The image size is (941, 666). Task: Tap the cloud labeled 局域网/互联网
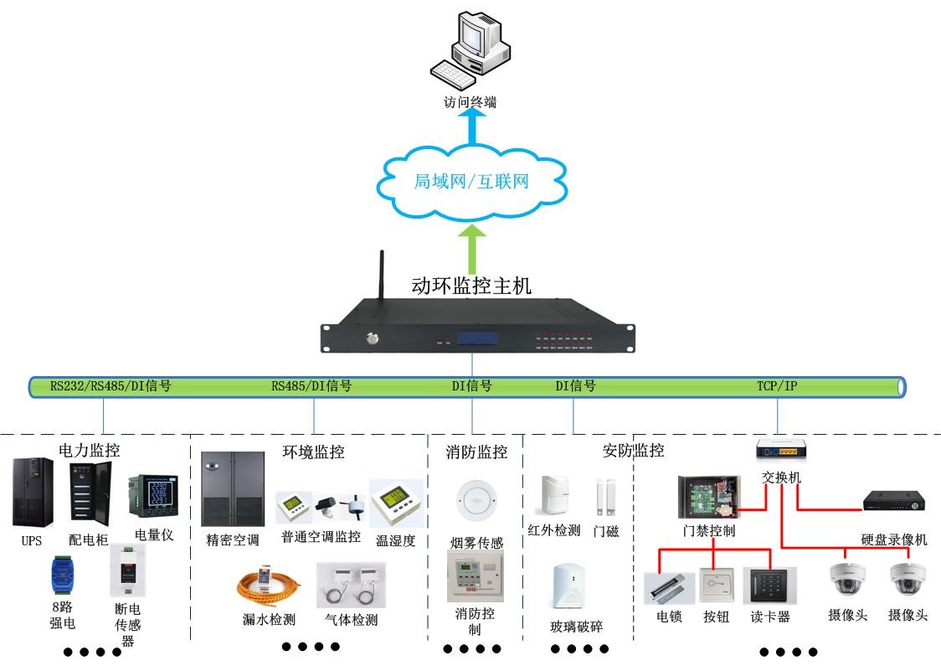pyautogui.click(x=471, y=182)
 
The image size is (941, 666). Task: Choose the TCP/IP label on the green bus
pyautogui.click(x=777, y=386)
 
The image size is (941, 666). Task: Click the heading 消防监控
pyautogui.click(x=476, y=452)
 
